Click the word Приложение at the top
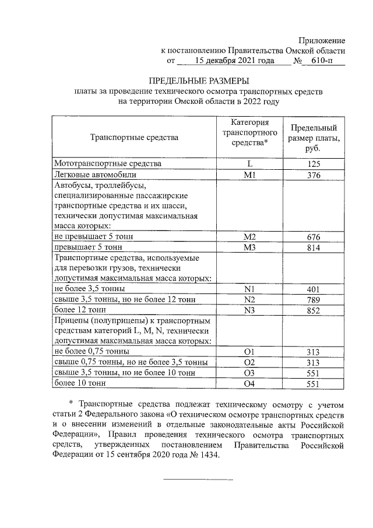point(321,40)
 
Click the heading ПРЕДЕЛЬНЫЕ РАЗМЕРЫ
point(199,81)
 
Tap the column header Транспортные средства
point(134,138)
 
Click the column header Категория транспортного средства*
point(249,132)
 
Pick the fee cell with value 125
point(314,165)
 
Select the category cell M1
point(249,175)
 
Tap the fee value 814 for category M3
point(314,248)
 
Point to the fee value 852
point(314,310)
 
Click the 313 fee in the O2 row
point(314,362)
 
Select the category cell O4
point(249,383)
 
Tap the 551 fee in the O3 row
point(314,373)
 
